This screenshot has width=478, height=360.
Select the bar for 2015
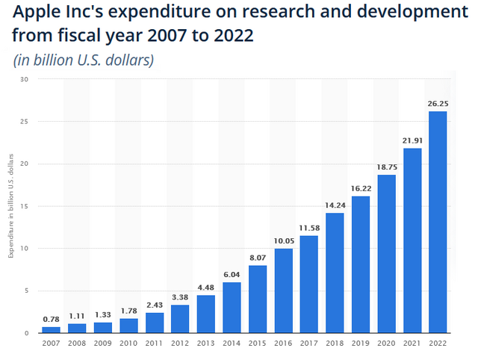tap(258, 299)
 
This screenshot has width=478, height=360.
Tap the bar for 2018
tap(335, 273)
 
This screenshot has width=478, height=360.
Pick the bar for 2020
tap(387, 254)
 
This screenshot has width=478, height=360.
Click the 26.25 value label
tap(438, 104)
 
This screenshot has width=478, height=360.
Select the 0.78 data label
tap(51, 320)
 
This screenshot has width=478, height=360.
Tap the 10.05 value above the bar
tap(283, 240)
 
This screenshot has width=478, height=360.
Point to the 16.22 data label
tap(361, 189)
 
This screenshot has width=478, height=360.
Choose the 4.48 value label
tap(206, 288)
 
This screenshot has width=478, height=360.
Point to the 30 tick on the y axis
tap(24, 79)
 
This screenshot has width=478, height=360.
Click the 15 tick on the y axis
tap(24, 206)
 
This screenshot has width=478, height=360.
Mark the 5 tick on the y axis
tap(26, 291)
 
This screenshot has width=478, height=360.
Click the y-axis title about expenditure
tap(10, 206)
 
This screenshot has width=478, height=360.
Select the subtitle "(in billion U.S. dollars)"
tap(84, 60)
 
